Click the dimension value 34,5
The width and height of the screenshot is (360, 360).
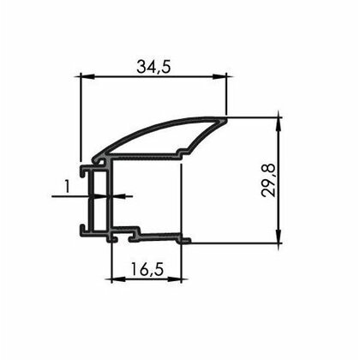click(x=153, y=68)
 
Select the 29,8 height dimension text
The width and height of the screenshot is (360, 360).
click(x=268, y=180)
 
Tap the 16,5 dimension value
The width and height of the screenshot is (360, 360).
click(x=147, y=269)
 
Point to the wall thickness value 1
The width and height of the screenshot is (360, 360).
click(x=67, y=187)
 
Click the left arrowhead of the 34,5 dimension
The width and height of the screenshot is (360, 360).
click(x=87, y=76)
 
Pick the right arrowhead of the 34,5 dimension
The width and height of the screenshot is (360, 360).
click(x=219, y=76)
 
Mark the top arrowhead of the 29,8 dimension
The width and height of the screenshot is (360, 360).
click(x=279, y=124)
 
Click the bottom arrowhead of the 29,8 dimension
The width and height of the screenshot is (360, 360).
click(x=279, y=237)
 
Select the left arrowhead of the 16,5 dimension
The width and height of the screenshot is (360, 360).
click(x=118, y=279)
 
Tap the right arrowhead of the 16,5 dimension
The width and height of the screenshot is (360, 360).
click(x=175, y=279)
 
